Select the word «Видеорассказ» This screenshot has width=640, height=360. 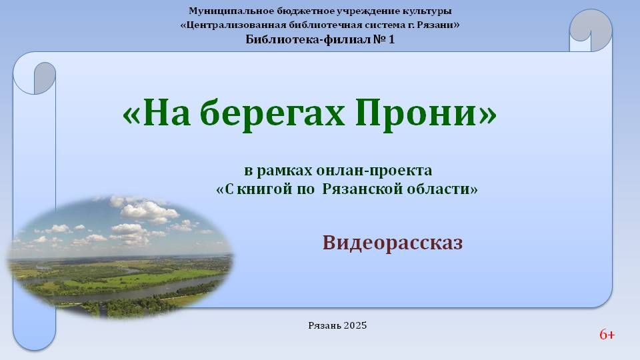click(x=393, y=243)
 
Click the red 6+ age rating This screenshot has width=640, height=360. click(x=607, y=335)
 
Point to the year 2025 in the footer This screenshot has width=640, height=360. click(x=355, y=325)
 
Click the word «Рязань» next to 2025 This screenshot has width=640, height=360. click(x=325, y=326)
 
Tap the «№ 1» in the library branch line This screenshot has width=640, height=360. click(x=384, y=39)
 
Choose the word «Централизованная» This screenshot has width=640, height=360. click(x=236, y=25)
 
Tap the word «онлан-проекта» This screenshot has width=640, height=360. click(x=374, y=170)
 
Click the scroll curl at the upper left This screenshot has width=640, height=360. click(x=35, y=77)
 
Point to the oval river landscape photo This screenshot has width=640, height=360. click(x=120, y=257)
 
